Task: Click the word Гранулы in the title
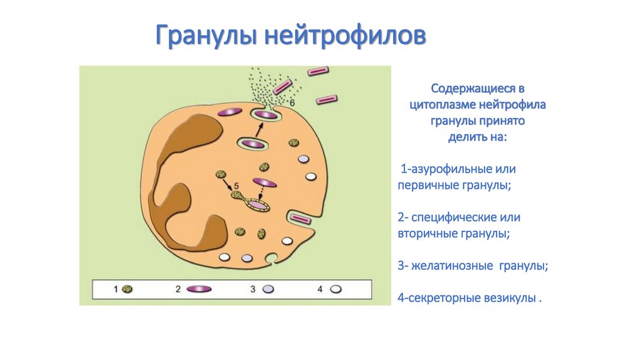coord(206,36)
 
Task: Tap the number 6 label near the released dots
coord(292,103)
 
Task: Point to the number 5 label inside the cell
coord(236,186)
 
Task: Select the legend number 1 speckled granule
coord(127,289)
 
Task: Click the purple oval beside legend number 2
coord(199,289)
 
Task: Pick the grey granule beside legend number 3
coord(268,289)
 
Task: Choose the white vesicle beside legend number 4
coord(336,289)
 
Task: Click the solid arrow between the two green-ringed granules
coord(258,130)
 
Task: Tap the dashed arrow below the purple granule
coord(261,193)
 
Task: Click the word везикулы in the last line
coord(510,298)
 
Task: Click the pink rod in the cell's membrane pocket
coord(300,219)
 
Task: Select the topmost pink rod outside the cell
coord(318,71)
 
